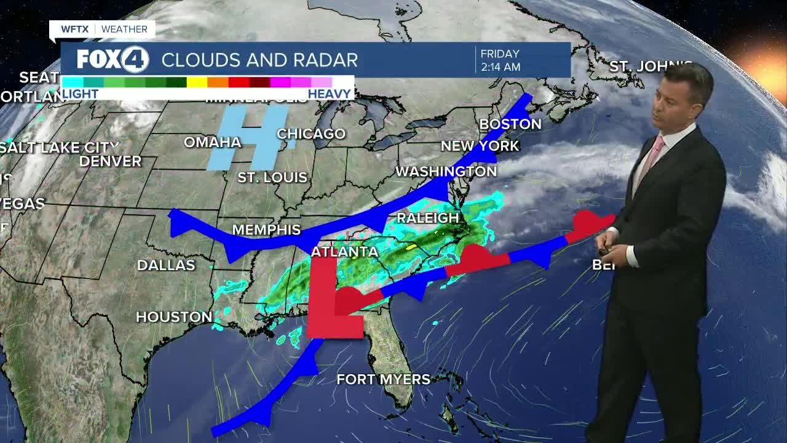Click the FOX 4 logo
point(113,60)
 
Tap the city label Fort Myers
point(383,379)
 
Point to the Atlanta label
point(344,252)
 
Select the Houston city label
point(174,317)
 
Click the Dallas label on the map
point(166,265)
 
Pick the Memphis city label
point(266,230)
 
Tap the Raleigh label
point(428,218)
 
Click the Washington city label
point(446,171)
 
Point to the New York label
point(480,146)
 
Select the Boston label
point(510,124)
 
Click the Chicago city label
point(311,134)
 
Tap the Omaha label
point(213,142)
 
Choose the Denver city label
point(111,161)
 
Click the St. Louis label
point(272,178)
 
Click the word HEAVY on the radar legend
point(330,94)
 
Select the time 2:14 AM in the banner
point(501,67)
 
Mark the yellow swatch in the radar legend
point(197,82)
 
